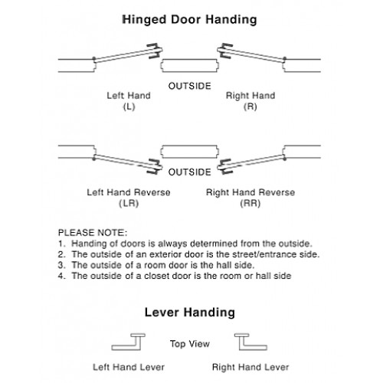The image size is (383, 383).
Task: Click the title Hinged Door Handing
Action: (189, 20)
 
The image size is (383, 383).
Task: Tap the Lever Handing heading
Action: (190, 313)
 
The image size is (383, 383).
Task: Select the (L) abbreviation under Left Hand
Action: (129, 106)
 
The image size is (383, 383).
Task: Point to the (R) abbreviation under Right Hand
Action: (250, 106)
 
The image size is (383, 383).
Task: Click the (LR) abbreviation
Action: (129, 203)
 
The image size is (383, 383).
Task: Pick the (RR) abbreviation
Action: (250, 203)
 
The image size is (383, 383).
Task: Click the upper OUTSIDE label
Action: (190, 86)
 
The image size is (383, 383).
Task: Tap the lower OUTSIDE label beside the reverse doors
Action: (190, 172)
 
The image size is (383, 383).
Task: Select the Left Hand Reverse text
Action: (129, 192)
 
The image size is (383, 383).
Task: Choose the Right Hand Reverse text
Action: (250, 192)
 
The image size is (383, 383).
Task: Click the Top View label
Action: (190, 344)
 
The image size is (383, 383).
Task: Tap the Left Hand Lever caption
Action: (129, 367)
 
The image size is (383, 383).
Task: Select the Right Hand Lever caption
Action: (250, 367)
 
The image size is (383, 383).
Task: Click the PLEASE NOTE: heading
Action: (93, 233)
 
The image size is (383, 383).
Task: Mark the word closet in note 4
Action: (157, 276)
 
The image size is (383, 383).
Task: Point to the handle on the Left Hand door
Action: (155, 51)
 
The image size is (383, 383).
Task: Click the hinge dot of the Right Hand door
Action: (285, 60)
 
